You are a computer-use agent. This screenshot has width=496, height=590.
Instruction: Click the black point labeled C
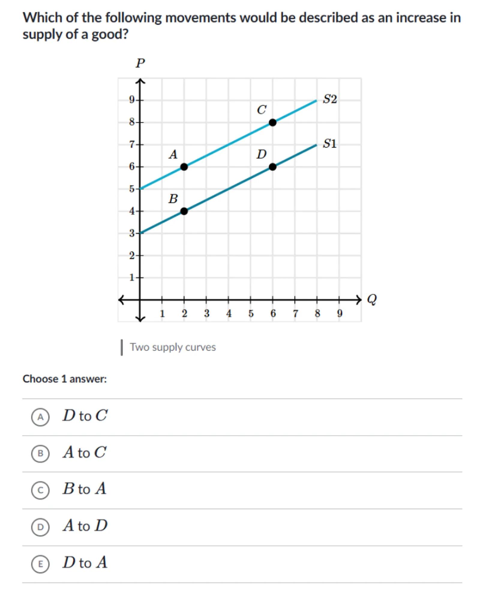click(272, 123)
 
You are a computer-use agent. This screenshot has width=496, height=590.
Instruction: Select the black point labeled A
click(184, 167)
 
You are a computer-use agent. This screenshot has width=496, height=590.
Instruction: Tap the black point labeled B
click(184, 211)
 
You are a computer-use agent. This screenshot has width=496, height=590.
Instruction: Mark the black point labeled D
click(272, 167)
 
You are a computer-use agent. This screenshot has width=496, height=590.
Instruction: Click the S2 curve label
click(330, 99)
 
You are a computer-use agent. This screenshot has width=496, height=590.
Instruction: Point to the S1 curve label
click(329, 144)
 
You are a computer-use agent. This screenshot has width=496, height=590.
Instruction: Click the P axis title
click(140, 63)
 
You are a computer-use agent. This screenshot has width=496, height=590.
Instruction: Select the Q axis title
click(372, 299)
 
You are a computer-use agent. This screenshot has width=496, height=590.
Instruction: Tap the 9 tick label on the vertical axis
click(132, 99)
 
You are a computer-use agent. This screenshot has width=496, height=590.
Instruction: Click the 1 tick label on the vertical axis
click(132, 278)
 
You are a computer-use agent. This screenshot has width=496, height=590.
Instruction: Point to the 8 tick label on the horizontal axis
click(317, 314)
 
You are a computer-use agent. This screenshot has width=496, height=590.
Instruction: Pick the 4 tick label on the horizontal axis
click(229, 314)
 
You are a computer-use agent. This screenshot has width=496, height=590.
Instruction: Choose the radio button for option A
click(40, 417)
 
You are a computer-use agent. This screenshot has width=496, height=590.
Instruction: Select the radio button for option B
click(40, 453)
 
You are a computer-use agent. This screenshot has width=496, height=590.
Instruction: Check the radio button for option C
click(40, 490)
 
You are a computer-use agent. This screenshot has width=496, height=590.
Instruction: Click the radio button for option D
click(40, 527)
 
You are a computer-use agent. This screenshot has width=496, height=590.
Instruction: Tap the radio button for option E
click(40, 564)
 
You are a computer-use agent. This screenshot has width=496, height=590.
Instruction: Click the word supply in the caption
click(167, 348)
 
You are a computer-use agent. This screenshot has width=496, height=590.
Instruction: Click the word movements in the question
click(200, 18)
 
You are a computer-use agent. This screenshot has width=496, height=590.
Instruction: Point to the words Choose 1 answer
click(65, 379)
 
